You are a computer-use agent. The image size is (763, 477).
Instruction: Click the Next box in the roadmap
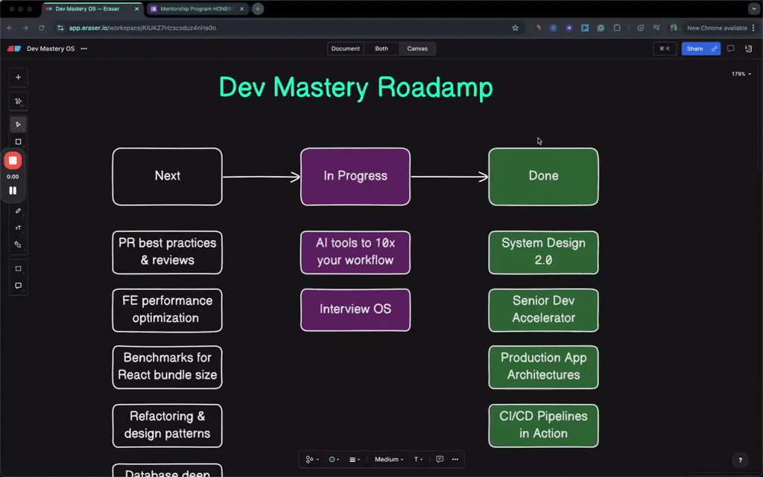click(167, 177)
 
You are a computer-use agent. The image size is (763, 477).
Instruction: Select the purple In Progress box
click(355, 177)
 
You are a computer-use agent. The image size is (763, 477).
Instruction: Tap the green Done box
click(543, 177)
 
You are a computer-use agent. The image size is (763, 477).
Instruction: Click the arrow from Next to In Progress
click(261, 177)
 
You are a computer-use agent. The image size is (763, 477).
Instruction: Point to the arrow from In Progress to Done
click(449, 177)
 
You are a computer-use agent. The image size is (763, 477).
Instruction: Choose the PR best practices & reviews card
click(167, 252)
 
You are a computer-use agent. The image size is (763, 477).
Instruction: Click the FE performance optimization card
click(167, 309)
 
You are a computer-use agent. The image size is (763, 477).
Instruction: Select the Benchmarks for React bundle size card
click(167, 367)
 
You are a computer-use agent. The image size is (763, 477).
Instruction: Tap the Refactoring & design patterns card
click(167, 425)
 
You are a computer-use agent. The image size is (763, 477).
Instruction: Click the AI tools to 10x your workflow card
click(355, 252)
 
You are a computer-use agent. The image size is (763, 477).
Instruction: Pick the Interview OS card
click(355, 309)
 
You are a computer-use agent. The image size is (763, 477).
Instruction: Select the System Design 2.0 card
click(543, 252)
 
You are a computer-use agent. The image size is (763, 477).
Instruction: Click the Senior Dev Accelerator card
click(543, 309)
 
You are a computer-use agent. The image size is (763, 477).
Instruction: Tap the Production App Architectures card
click(543, 367)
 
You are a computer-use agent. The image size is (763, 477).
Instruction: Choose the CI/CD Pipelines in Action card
click(543, 425)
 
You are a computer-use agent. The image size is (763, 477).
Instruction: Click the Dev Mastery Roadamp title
click(355, 87)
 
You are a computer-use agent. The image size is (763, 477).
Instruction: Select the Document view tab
click(346, 48)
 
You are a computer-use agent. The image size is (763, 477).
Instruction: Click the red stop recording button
click(13, 160)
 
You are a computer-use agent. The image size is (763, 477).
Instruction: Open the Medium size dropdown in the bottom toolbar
click(389, 459)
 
